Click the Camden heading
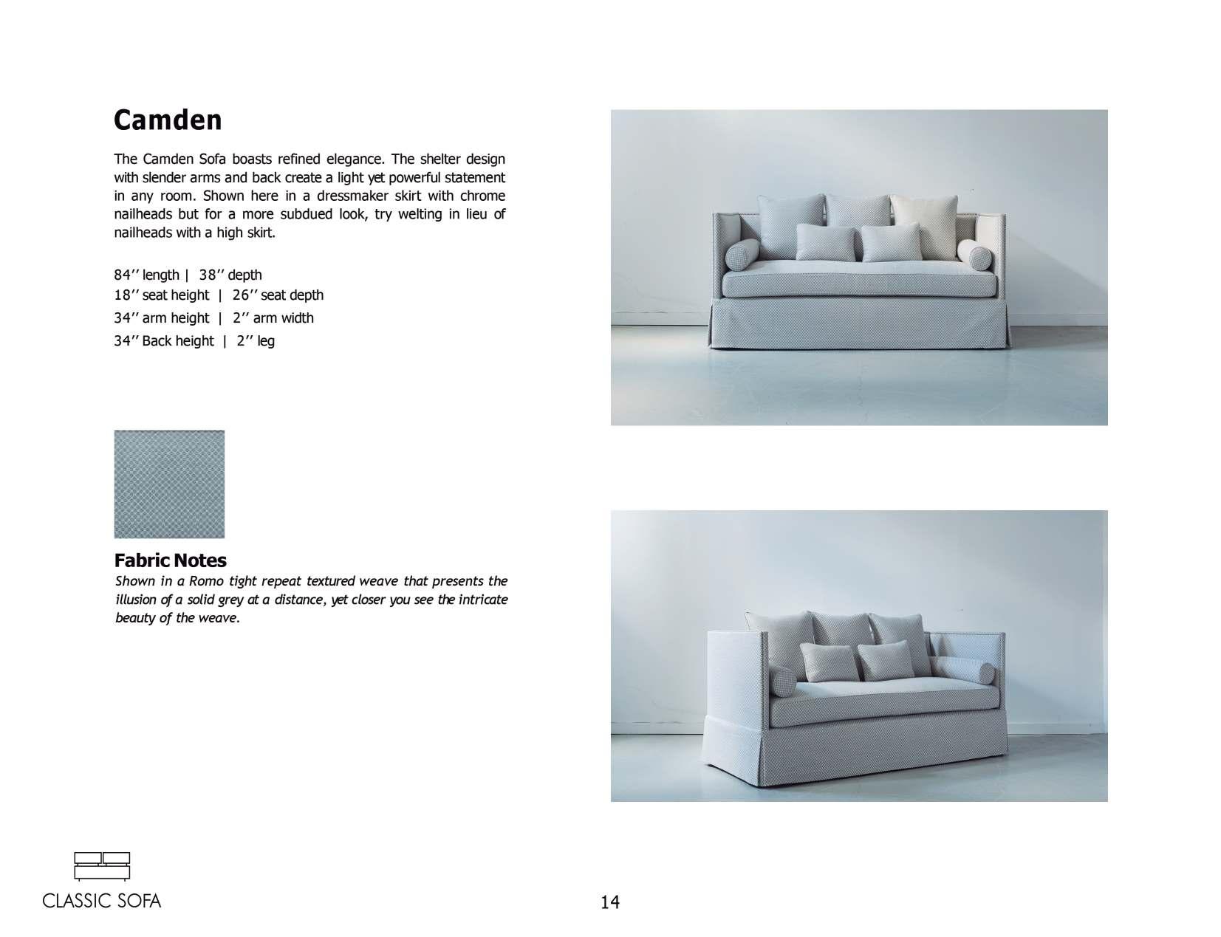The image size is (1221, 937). [168, 120]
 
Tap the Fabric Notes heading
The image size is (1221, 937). [170, 560]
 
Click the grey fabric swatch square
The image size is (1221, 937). [169, 484]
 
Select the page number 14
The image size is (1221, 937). [610, 902]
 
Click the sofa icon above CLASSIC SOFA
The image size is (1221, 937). [102, 866]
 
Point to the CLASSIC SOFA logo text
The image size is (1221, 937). [102, 901]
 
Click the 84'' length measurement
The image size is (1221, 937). [146, 275]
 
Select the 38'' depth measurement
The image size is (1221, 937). [230, 275]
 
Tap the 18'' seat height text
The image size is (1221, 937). [161, 295]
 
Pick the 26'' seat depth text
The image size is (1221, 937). [278, 295]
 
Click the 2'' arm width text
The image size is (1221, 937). [273, 318]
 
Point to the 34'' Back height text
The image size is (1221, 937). [163, 341]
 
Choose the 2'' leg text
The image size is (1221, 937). [256, 341]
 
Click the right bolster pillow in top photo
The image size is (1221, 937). [975, 255]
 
